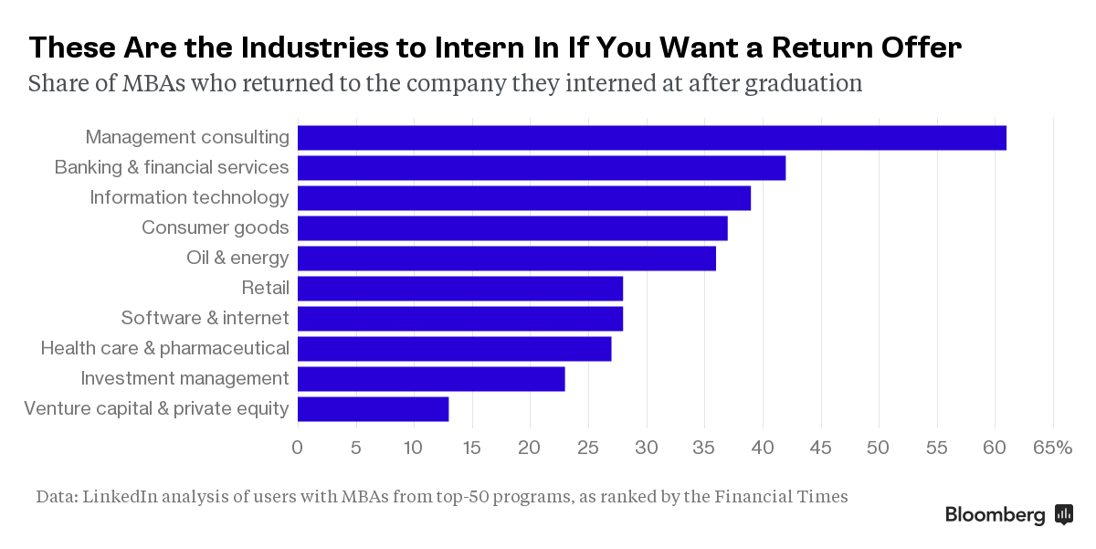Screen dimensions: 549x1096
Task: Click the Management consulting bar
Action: [x=651, y=138]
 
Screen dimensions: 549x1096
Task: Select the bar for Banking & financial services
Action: [x=541, y=168]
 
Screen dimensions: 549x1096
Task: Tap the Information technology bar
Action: [x=523, y=198]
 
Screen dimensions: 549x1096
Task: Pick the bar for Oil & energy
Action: [x=506, y=259]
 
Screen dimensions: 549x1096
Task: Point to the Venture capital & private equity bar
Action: [x=373, y=409]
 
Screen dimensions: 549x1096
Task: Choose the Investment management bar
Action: [x=431, y=379]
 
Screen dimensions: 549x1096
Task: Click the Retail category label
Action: [x=265, y=289]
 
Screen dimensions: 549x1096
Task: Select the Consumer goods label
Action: [x=215, y=228]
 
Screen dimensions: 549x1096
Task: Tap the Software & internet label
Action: [x=205, y=319]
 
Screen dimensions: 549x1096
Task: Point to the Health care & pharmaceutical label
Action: [x=164, y=349]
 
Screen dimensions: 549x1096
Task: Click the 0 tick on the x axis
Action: [x=297, y=448]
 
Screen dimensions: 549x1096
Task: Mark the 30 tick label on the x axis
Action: [x=647, y=448]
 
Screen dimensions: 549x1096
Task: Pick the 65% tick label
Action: [x=1053, y=448]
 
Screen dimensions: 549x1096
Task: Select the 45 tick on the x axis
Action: [x=821, y=448]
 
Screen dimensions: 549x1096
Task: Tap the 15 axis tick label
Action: [x=471, y=448]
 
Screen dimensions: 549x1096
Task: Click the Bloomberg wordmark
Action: [x=995, y=515]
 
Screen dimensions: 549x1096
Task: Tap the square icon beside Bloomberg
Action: [x=1063, y=514]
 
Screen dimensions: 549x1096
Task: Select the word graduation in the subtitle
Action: [x=805, y=84]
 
